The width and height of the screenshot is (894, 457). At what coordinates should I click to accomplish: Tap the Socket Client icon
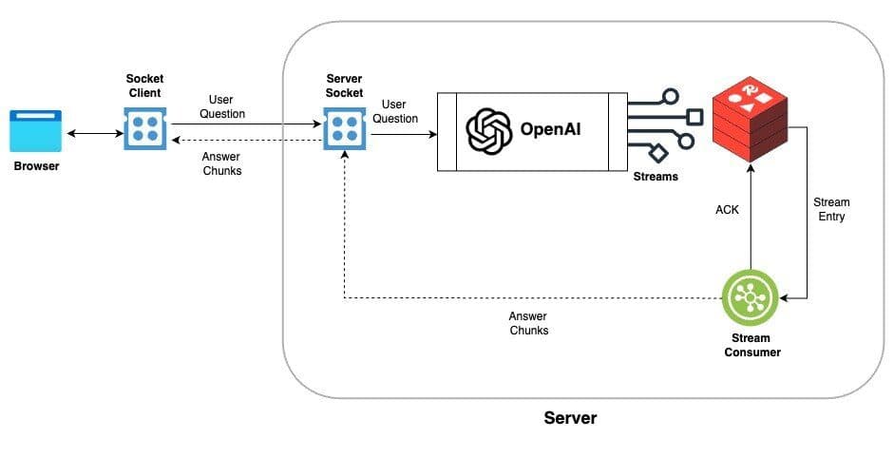[144, 127]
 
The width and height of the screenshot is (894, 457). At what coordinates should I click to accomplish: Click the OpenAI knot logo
[489, 130]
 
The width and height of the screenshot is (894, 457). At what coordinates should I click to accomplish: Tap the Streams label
[656, 177]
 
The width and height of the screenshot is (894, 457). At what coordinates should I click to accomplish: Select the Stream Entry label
[831, 209]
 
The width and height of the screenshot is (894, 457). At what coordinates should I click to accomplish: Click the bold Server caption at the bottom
[570, 417]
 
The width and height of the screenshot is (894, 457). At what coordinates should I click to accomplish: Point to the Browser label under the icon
[36, 166]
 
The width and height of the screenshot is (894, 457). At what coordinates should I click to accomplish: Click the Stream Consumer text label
[751, 345]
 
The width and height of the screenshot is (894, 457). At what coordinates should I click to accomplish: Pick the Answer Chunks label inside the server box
[529, 324]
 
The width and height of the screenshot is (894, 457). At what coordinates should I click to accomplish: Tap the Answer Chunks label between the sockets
[223, 164]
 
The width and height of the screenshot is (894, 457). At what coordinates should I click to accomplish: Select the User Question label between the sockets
[222, 106]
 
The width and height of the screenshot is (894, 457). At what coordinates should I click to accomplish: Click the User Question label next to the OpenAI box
[395, 111]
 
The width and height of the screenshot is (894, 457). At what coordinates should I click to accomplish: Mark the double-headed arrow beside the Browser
[92, 134]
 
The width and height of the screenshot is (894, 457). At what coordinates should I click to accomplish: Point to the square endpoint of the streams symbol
[694, 117]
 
